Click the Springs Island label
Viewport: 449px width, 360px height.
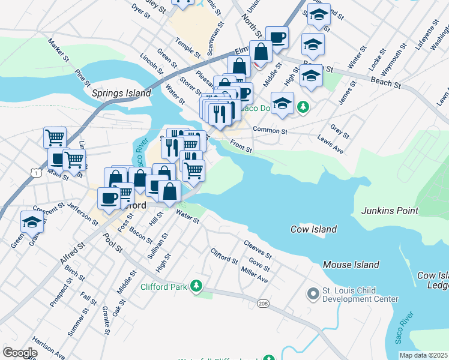coord(121,93)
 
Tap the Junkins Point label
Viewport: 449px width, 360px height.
coord(390,211)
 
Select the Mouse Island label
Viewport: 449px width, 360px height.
coord(351,265)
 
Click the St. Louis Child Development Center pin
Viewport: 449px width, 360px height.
coord(312,294)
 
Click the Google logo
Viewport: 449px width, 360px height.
coord(20,352)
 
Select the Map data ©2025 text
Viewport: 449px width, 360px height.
coord(423,355)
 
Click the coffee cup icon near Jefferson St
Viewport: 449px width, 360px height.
coord(109,198)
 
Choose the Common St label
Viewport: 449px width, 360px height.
coord(270,130)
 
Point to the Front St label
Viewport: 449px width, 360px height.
coord(241,146)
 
